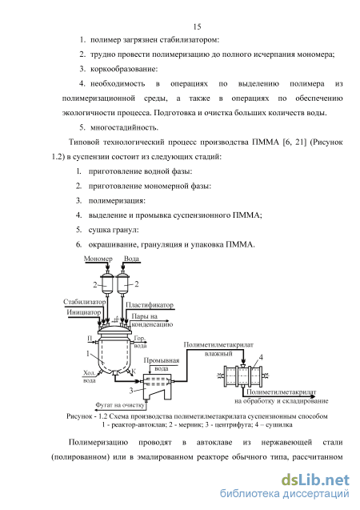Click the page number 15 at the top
click(197, 26)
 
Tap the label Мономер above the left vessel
click(98, 259)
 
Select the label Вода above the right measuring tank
click(131, 259)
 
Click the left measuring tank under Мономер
click(106, 283)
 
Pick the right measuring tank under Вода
click(123, 283)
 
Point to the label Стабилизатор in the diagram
click(85, 302)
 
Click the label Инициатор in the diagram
click(84, 312)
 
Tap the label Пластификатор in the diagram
click(150, 305)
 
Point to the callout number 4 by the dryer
click(261, 357)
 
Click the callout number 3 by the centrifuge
click(131, 391)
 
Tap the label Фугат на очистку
click(119, 405)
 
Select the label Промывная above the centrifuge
click(162, 360)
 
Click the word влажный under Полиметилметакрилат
click(218, 354)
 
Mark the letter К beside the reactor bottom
click(134, 371)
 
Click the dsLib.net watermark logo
click(315, 480)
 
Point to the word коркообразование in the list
click(124, 70)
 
